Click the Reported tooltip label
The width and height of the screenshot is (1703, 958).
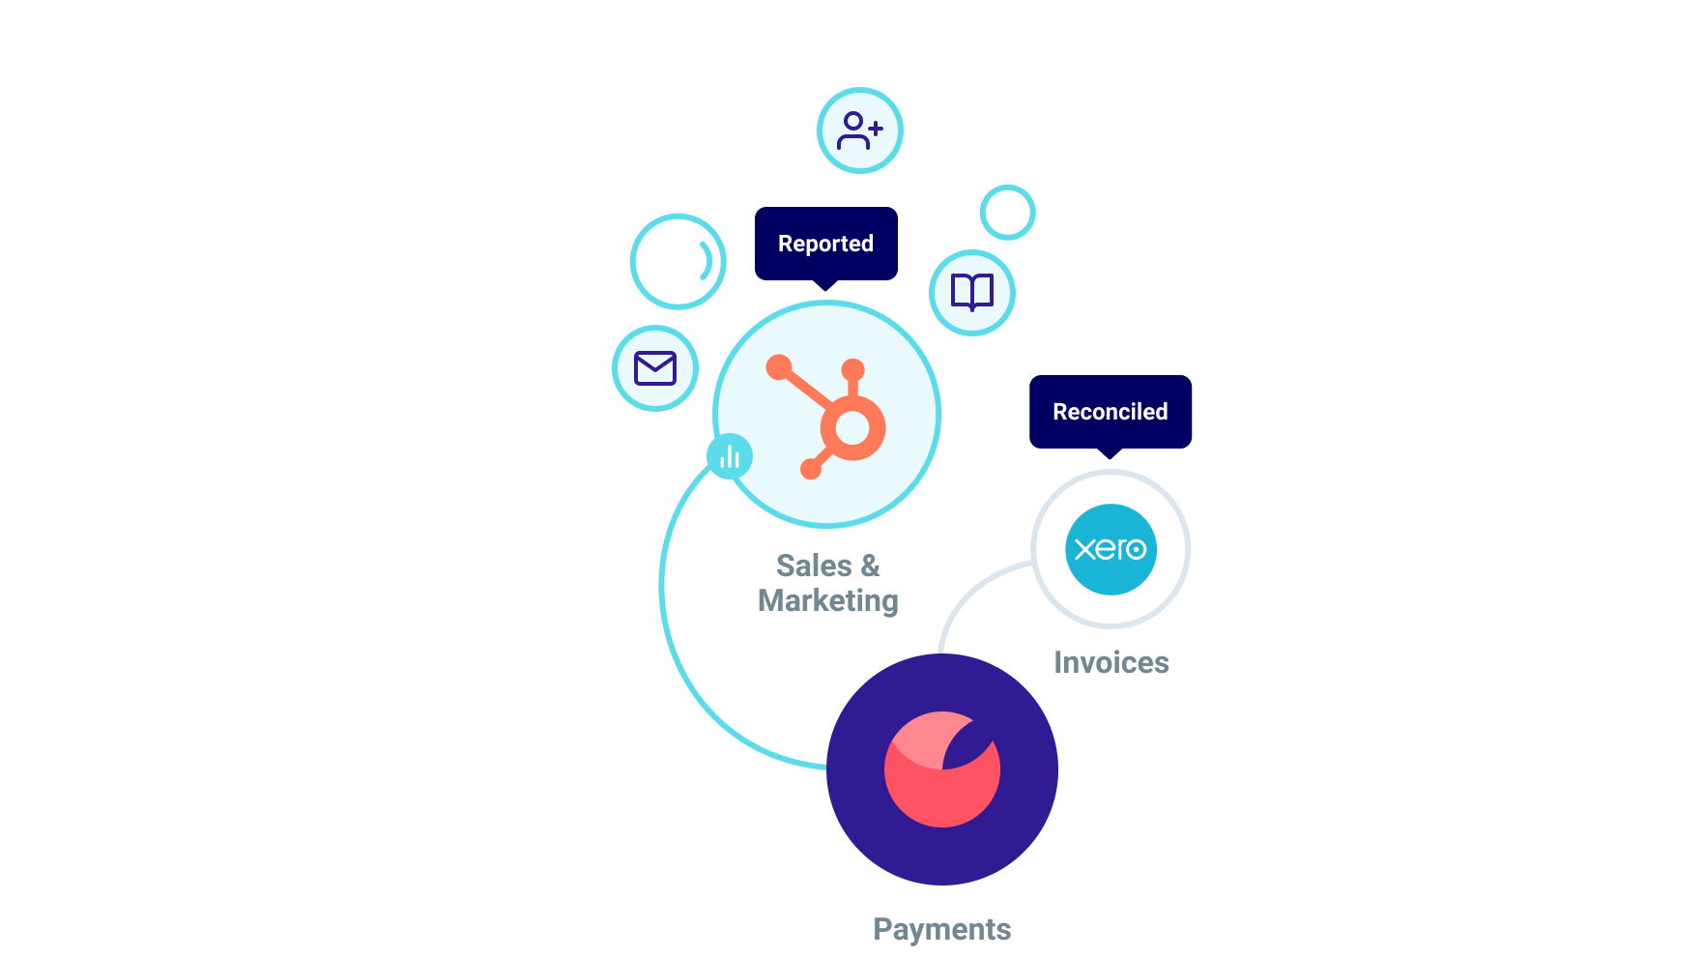point(825,244)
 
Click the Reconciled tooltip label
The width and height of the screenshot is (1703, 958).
point(1110,412)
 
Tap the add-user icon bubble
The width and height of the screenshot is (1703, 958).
point(859,131)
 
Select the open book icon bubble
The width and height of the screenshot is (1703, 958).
point(971,292)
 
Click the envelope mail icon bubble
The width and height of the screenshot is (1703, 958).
point(654,368)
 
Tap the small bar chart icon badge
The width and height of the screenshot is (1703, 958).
point(730,456)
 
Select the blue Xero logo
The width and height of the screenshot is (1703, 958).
point(1111,549)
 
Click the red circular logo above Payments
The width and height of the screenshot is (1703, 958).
point(941,769)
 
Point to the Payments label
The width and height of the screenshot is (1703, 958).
point(941,929)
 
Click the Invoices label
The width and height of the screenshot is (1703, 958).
point(1111,662)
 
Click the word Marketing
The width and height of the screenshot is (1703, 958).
point(827,600)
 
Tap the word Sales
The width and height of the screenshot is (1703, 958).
point(814,566)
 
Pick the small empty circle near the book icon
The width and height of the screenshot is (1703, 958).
point(1007,212)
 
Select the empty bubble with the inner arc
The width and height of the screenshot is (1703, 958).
point(678,261)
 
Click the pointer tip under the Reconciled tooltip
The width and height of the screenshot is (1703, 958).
point(1110,454)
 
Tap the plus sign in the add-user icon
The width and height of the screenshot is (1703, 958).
point(875,128)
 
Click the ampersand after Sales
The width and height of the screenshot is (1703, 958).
point(870,566)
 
